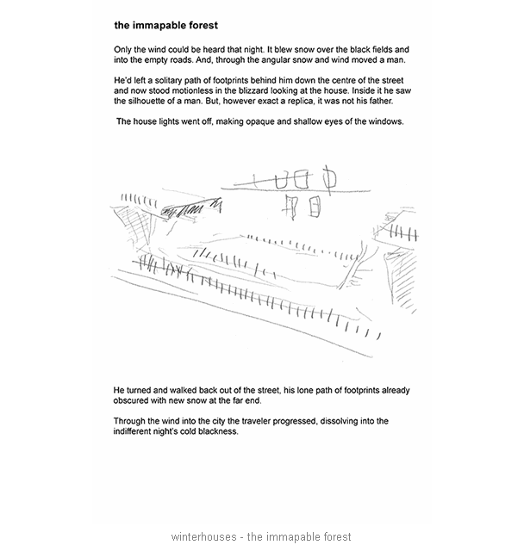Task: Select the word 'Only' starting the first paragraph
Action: [124, 50]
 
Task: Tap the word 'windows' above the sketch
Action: [382, 122]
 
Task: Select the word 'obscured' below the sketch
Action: [136, 400]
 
